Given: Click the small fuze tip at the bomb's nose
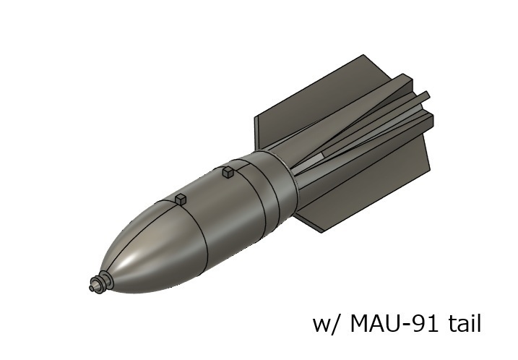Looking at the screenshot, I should [x=93, y=287].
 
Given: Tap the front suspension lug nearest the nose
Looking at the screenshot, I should [x=181, y=198].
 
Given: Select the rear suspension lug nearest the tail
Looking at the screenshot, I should [x=228, y=172].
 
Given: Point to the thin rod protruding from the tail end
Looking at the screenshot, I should [x=423, y=95].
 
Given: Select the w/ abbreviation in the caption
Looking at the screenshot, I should [x=325, y=324].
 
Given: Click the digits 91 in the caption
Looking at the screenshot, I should [x=427, y=323].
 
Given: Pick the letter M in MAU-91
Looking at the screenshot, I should [x=358, y=323].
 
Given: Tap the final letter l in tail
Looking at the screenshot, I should [x=478, y=322].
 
